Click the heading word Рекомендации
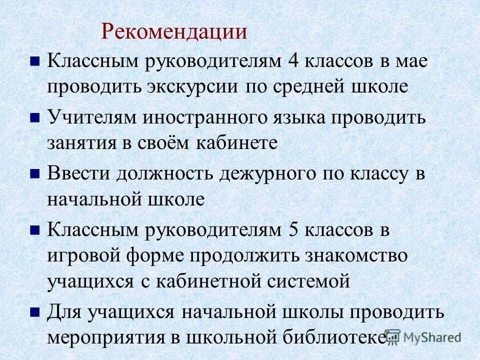174,32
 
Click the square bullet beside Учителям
35,118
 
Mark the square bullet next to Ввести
35,174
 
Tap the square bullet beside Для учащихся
35,312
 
